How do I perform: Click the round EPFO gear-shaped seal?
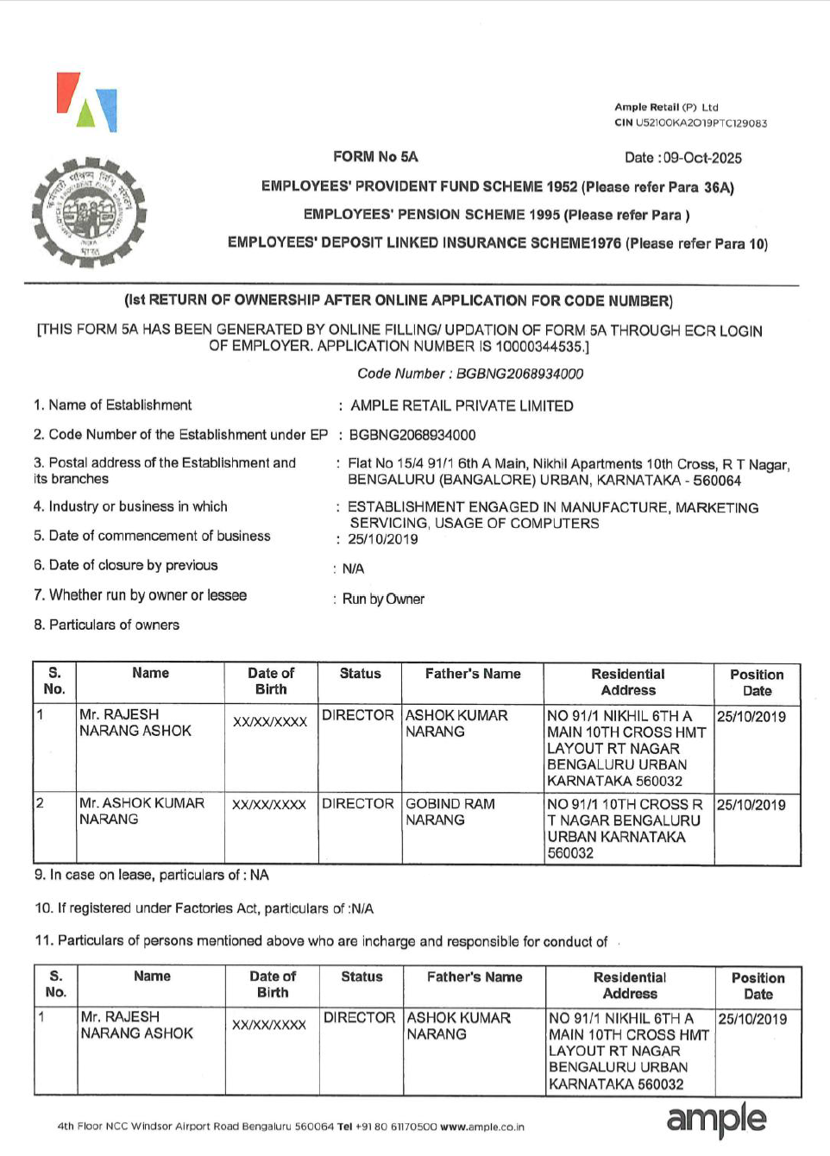point(88,212)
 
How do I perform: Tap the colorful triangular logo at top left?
point(87,102)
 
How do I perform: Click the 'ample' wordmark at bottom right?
point(716,1118)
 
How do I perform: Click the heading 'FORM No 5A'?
point(375,157)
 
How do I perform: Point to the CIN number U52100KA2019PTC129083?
point(701,123)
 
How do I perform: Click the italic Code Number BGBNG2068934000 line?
point(470,374)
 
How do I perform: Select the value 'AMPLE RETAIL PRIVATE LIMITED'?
point(462,405)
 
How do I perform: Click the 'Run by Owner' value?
point(383,599)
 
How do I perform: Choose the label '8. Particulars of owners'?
point(107,625)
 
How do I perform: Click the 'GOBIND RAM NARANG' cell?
point(450,812)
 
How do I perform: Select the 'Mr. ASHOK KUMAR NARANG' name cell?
point(141,811)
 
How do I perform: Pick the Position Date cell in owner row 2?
point(751,805)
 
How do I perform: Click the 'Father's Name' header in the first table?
point(473,674)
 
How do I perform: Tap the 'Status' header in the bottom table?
point(362,977)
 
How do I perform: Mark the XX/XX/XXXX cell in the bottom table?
point(269,1025)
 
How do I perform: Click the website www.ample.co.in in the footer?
point(482,1127)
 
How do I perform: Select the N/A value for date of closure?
point(353,569)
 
